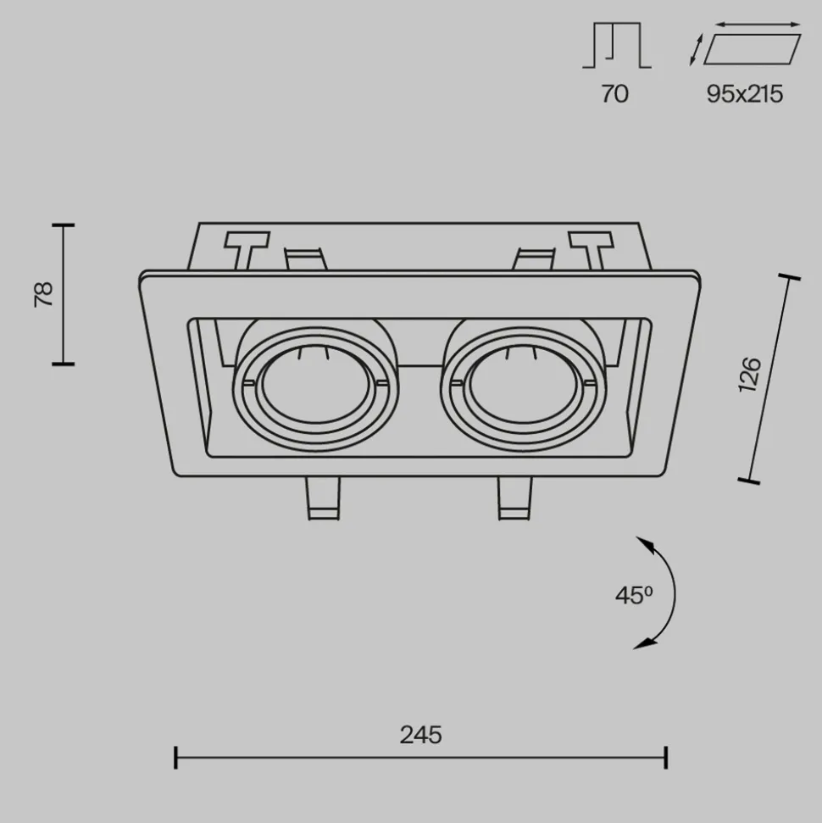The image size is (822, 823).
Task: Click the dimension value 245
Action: pyautogui.click(x=420, y=735)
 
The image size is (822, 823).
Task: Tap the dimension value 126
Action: pyautogui.click(x=750, y=375)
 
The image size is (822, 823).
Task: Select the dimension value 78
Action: pyautogui.click(x=44, y=294)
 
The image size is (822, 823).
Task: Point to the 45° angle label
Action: pyautogui.click(x=634, y=595)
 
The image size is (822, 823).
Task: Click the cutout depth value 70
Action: pyautogui.click(x=614, y=94)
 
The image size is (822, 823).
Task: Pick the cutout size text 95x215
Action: pyautogui.click(x=744, y=94)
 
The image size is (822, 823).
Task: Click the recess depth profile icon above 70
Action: pyautogui.click(x=617, y=45)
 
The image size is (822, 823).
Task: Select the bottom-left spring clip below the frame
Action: pyautogui.click(x=323, y=498)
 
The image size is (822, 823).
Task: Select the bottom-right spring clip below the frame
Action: pyautogui.click(x=515, y=498)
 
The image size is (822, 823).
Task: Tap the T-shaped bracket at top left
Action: pyautogui.click(x=247, y=250)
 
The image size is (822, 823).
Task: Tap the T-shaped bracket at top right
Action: pyautogui.click(x=592, y=250)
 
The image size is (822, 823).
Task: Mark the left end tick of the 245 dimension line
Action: pyautogui.click(x=175, y=758)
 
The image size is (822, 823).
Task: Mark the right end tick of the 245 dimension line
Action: pyautogui.click(x=666, y=758)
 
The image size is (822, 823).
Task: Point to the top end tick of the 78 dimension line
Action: pyautogui.click(x=64, y=225)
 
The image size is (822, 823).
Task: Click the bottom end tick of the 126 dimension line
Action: pyautogui.click(x=748, y=481)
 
